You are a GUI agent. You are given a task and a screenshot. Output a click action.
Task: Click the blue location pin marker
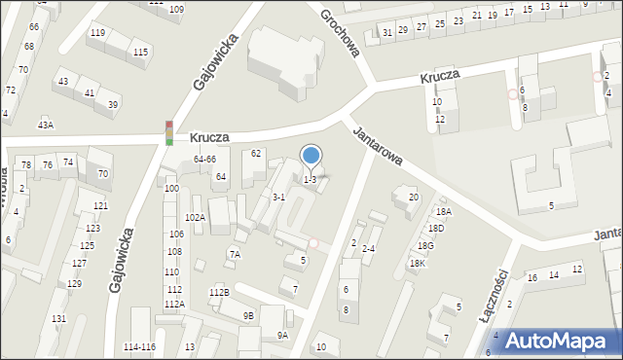pos(311,156)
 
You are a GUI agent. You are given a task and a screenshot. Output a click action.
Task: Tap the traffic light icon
pos(169,133)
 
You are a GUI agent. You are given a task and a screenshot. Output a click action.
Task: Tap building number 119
pos(97,33)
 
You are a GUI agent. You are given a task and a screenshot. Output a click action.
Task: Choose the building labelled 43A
pos(46,125)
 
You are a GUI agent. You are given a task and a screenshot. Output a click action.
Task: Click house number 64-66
pos(204,159)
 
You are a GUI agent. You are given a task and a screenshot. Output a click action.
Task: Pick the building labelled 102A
pos(195,217)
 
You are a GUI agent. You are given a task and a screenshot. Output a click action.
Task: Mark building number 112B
pos(219,292)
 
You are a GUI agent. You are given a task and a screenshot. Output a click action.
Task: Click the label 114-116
pos(140,347)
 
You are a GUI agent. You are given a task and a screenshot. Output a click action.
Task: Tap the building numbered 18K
pos(417,263)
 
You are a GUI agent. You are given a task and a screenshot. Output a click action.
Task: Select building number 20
pos(414,198)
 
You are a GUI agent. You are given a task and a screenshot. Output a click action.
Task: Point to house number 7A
pos(235,254)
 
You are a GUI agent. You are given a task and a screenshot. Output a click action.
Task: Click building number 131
pos(58,319)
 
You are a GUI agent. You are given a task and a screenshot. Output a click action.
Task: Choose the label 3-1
pos(277,197)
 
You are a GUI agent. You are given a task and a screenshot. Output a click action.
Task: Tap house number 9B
pos(249,315)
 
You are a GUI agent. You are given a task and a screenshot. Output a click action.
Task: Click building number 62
pos(256,153)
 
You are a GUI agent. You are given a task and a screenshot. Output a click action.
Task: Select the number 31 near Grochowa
pos(387,32)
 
